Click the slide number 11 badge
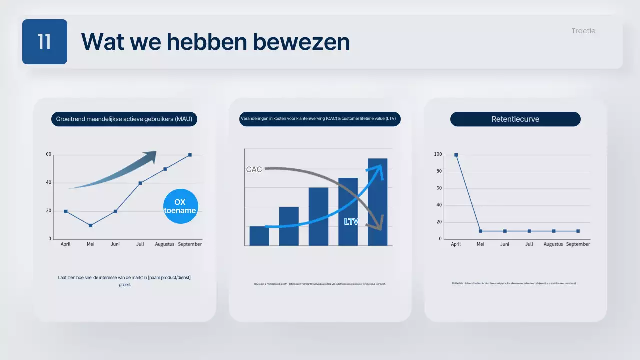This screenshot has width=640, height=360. coord(45,42)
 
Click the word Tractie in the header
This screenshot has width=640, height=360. coord(583,31)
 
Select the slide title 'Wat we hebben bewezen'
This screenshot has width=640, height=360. coord(215,42)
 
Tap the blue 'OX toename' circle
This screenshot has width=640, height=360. coord(180,206)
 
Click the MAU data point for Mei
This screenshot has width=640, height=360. coord(90,225)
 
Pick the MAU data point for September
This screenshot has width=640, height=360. coord(190,155)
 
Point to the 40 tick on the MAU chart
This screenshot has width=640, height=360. coord(49,183)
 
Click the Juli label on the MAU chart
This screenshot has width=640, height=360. coord(140,244)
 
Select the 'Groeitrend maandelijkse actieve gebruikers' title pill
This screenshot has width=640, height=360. coord(124,119)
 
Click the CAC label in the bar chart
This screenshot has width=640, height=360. coord(254,170)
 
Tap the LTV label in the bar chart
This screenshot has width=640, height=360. coord(351,221)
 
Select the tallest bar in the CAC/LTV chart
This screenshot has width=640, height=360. coord(377,202)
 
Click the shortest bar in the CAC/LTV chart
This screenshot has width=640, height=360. coord(259,236)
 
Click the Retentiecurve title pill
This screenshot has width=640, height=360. coord(515,119)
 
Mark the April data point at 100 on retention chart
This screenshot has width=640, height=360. coord(456,155)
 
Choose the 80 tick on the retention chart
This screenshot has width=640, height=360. coord(439,171)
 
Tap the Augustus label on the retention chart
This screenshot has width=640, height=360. coord(553,244)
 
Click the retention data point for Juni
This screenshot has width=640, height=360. coord(505,231)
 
